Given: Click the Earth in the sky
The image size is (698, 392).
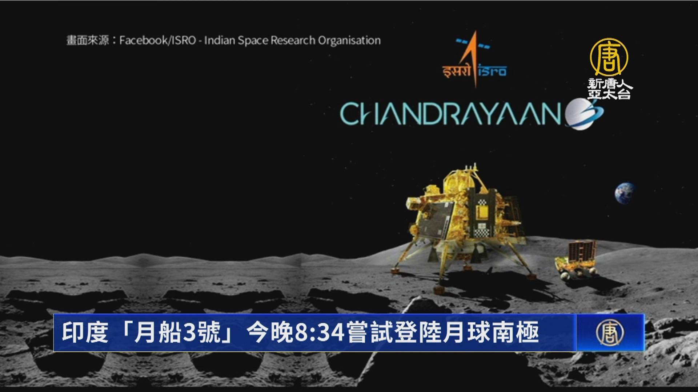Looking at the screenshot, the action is pyautogui.click(x=625, y=193).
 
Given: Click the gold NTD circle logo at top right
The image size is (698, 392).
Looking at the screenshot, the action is pyautogui.click(x=609, y=57).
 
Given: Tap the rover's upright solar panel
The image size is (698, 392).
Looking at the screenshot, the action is pyautogui.click(x=582, y=250).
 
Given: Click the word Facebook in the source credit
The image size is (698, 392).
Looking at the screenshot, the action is pyautogui.click(x=143, y=40).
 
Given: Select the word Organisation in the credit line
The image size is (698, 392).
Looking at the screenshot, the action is pyautogui.click(x=349, y=40).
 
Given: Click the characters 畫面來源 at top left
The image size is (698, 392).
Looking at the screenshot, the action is pyautogui.click(x=88, y=40).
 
